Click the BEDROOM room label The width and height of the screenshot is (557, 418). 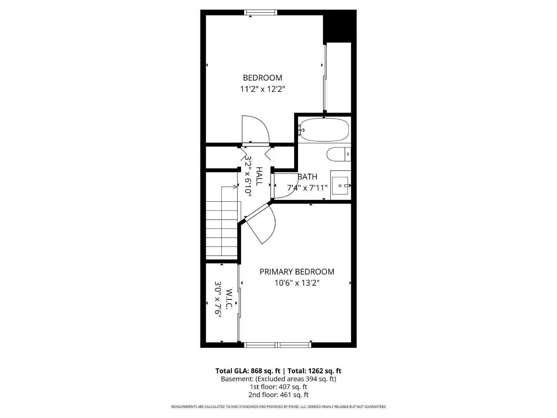tap(262, 78)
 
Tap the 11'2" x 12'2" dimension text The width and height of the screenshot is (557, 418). tap(262, 89)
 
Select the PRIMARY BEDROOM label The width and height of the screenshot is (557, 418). tap(297, 272)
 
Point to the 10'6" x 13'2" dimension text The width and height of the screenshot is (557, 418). tap(297, 283)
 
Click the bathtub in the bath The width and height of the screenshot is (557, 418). tap(324, 130)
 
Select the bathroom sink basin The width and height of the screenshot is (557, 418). tap(340, 186)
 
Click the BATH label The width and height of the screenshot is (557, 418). tap(307, 177)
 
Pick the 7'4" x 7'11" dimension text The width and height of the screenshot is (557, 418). tap(307, 188)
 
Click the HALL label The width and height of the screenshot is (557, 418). tap(259, 176)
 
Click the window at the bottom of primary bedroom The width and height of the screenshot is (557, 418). tap(277, 345)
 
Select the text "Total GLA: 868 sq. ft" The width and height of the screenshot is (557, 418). tap(248, 371)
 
